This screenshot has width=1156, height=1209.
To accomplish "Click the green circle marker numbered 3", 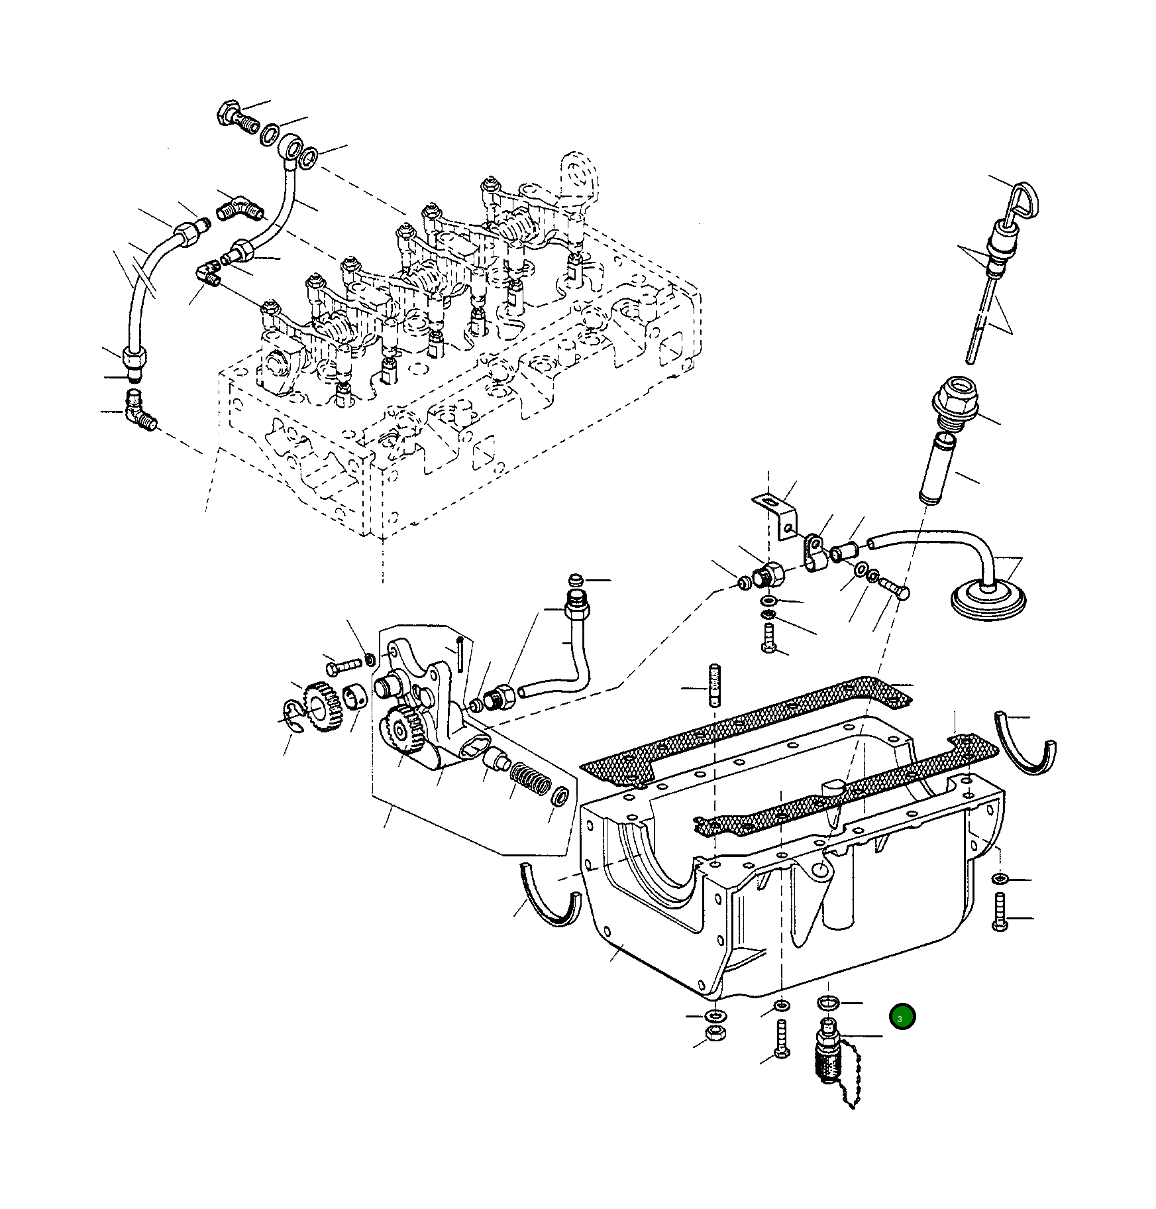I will coord(902,1017).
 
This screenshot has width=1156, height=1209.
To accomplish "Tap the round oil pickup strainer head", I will coord(988,600).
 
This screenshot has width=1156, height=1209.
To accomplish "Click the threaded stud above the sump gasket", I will coord(714,685).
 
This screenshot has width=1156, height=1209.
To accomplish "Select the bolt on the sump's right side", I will coord(1000,912).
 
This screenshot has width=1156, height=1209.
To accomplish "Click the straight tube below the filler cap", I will coord(937,469).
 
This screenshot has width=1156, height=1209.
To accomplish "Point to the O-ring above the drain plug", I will coord(829,1002).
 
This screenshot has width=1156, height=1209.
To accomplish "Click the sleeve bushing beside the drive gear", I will coord(356,697).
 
